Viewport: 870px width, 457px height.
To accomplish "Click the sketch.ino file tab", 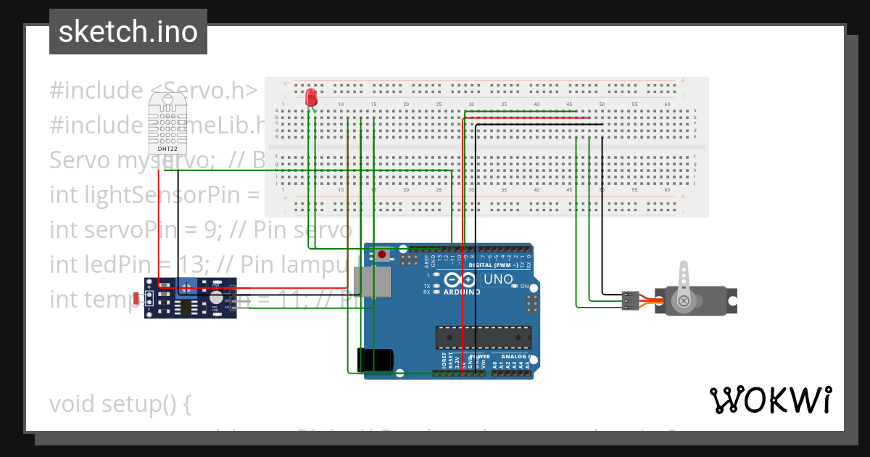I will (128, 32).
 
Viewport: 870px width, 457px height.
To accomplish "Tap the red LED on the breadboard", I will (312, 97).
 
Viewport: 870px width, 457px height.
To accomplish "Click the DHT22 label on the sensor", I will (167, 149).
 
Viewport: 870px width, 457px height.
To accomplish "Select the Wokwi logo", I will (770, 400).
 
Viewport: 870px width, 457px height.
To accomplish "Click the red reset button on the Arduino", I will (381, 255).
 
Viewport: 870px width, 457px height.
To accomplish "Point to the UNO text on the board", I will (498, 279).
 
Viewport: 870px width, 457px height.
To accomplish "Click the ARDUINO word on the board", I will (461, 292).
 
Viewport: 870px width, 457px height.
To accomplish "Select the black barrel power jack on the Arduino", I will (376, 361).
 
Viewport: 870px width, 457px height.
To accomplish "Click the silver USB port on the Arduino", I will (372, 283).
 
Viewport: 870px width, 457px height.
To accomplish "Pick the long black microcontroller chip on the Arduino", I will (483, 337).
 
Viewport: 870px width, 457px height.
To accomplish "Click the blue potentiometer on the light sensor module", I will (188, 288).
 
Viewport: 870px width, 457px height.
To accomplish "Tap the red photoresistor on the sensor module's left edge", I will (138, 297).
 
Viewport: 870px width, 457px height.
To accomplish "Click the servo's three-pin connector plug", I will (630, 300).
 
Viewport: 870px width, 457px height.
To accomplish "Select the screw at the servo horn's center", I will (684, 300).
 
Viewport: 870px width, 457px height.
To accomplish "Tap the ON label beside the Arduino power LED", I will (524, 286).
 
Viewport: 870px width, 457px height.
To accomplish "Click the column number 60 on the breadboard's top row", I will (667, 104).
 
